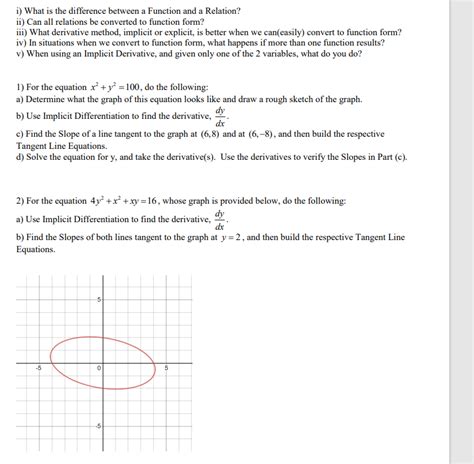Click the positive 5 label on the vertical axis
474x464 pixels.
tap(99, 301)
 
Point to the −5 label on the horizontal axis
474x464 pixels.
tap(37, 368)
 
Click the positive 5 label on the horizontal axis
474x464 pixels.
tap(167, 368)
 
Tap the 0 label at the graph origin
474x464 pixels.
tap(99, 369)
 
